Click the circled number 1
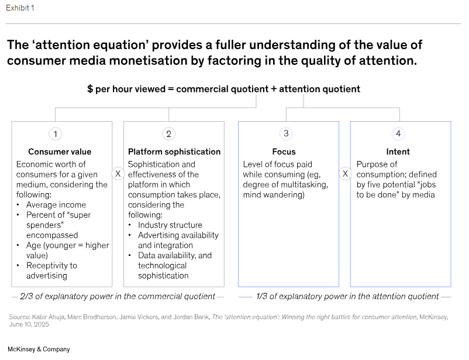56,134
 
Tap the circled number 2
169,134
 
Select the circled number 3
286,133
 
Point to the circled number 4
398,133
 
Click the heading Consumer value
60,152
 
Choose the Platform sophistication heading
174,152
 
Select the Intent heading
398,152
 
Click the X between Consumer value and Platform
118,174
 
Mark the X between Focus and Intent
345,174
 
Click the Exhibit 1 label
20,8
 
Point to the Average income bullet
56,205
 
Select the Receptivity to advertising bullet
52,270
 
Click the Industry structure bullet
170,225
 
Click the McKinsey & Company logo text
39,349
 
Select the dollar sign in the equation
90,89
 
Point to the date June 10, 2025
28,324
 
